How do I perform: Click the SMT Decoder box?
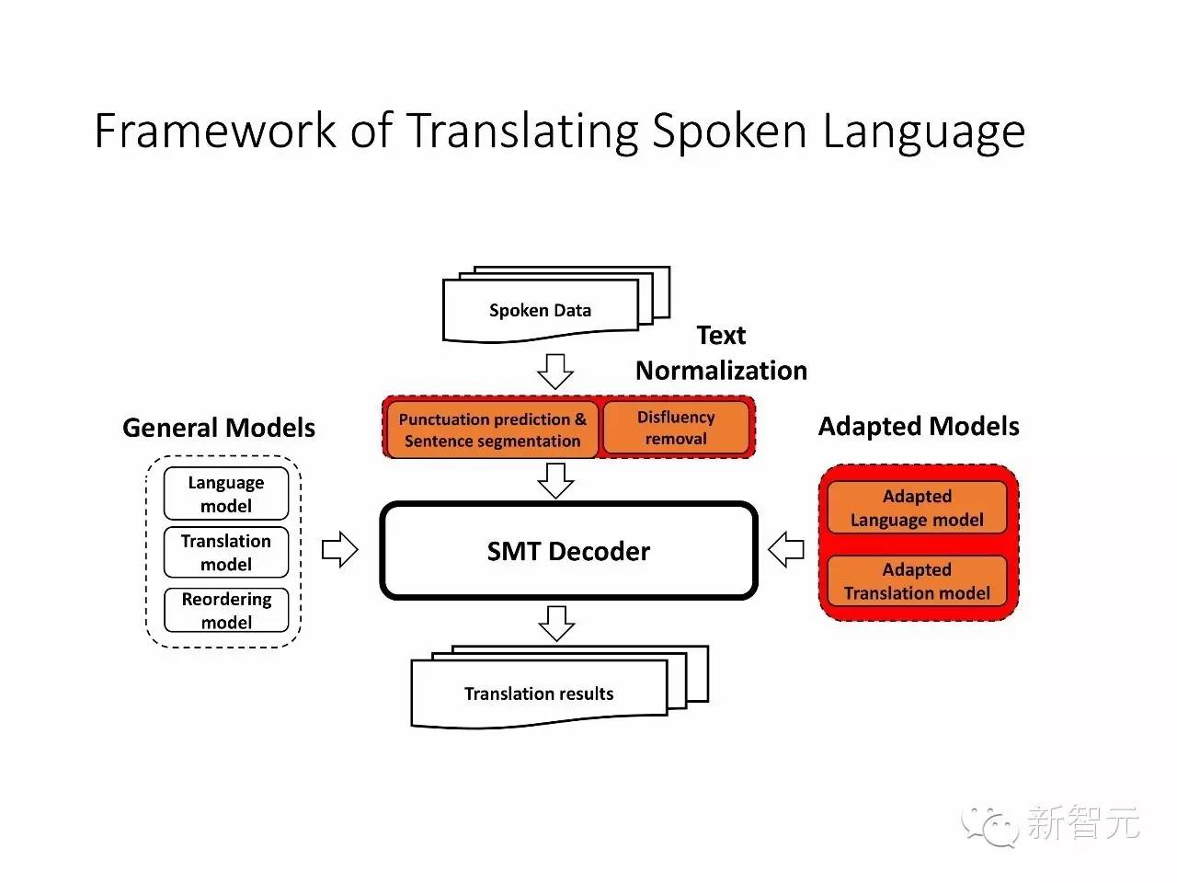pyautogui.click(x=568, y=551)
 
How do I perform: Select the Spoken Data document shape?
pyautogui.click(x=541, y=311)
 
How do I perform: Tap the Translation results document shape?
pyautogui.click(x=539, y=694)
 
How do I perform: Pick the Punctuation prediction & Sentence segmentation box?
pyautogui.click(x=492, y=430)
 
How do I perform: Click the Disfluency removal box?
pyautogui.click(x=676, y=428)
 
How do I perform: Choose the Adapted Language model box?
pyautogui.click(x=917, y=508)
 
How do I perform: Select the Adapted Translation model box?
pyautogui.click(x=917, y=581)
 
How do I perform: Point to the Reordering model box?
pyautogui.click(x=226, y=610)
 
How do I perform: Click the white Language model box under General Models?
pyautogui.click(x=226, y=494)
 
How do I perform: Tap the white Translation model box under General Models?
pyautogui.click(x=226, y=552)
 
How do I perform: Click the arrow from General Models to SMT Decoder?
pyautogui.click(x=339, y=550)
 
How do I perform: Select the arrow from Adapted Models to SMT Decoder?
pyautogui.click(x=786, y=550)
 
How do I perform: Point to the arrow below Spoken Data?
pyautogui.click(x=555, y=371)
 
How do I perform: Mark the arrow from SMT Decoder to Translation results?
pyautogui.click(x=556, y=623)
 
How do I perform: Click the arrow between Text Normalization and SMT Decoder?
pyautogui.click(x=555, y=479)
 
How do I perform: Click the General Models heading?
pyautogui.click(x=219, y=428)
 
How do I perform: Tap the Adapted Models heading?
pyautogui.click(x=919, y=427)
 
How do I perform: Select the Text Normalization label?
pyautogui.click(x=721, y=353)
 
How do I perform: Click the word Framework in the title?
pyautogui.click(x=215, y=131)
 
